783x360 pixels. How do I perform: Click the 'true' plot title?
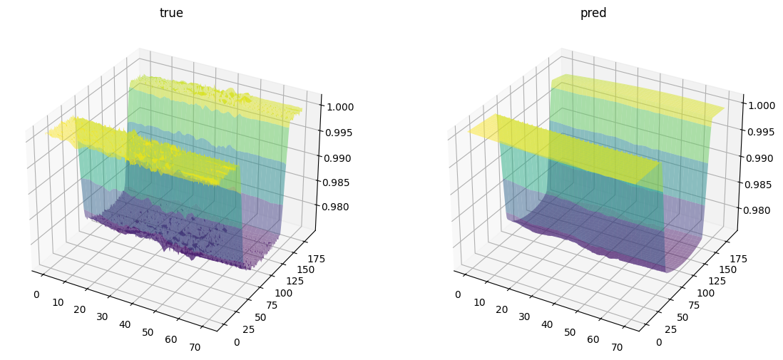coord(171,13)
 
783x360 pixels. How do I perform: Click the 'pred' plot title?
coord(593,13)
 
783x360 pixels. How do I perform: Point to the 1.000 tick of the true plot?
coord(339,106)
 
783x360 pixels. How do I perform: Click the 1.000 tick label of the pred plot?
coord(762,105)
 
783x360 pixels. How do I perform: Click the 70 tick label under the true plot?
coord(195,346)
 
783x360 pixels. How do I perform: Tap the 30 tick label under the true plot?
coord(102,317)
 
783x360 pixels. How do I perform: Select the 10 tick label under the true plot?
coord(58,302)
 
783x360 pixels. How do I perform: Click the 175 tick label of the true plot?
coord(317,259)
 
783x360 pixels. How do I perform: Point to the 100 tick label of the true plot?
coord(283,293)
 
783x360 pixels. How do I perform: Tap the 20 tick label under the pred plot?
coord(502,309)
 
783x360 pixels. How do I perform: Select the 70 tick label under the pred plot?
coord(617,346)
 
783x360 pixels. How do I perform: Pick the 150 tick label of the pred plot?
coord(728,269)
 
